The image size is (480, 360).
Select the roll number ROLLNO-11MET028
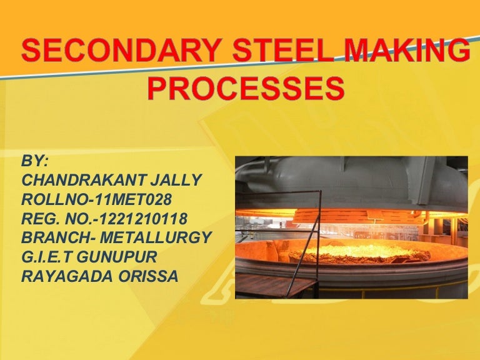(96, 199)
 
